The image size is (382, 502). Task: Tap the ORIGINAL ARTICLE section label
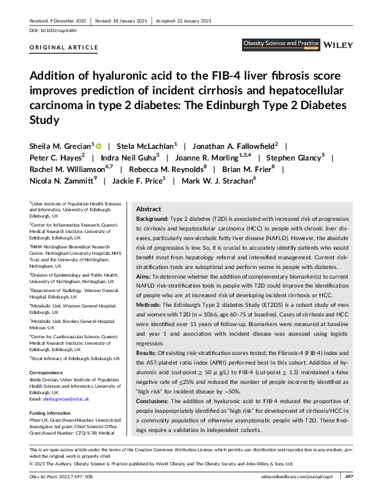click(x=64, y=48)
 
